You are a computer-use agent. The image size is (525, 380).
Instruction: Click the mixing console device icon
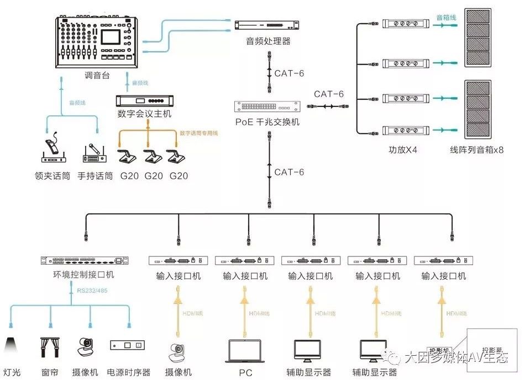click(97, 42)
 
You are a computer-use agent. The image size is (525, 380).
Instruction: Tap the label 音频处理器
click(268, 41)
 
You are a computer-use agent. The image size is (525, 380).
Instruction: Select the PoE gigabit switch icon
click(269, 106)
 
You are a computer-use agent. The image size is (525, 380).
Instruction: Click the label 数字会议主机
click(145, 114)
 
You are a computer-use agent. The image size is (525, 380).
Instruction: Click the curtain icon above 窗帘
click(50, 347)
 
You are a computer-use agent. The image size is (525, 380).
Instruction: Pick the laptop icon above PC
click(245, 351)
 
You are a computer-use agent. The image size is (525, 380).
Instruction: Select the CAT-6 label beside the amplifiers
click(329, 94)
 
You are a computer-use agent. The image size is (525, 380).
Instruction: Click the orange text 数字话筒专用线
click(199, 133)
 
